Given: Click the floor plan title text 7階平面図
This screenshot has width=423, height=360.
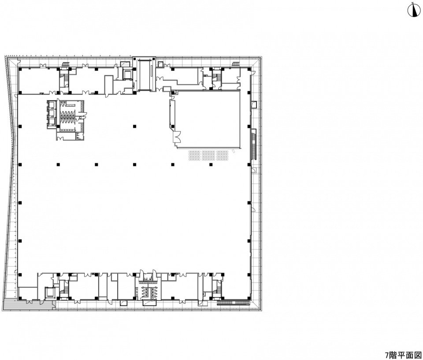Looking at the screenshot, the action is pos(403,354).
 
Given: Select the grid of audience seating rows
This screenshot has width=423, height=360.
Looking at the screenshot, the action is pos(208,155).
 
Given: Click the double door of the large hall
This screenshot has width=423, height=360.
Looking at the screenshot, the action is pos(177,137).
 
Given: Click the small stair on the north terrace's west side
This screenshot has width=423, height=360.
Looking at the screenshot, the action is pos(66,64).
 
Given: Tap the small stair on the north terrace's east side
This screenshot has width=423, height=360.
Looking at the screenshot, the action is pos(236,64).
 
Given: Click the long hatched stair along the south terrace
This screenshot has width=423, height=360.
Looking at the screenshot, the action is pos(233,303).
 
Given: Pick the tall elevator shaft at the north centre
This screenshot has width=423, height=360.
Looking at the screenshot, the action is pos(144,75).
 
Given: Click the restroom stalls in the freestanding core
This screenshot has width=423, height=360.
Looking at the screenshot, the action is pos(67,115).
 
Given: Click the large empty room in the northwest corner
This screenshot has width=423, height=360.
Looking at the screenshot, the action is pos(39,80).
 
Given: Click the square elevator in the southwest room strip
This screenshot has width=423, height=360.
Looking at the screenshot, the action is pos(49,292).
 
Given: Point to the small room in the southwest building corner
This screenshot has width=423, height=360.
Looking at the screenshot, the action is pos(28,293).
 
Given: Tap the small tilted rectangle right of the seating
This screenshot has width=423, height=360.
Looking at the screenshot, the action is pos(234,152).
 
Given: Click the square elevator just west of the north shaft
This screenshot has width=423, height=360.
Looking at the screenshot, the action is pos(126,74).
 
